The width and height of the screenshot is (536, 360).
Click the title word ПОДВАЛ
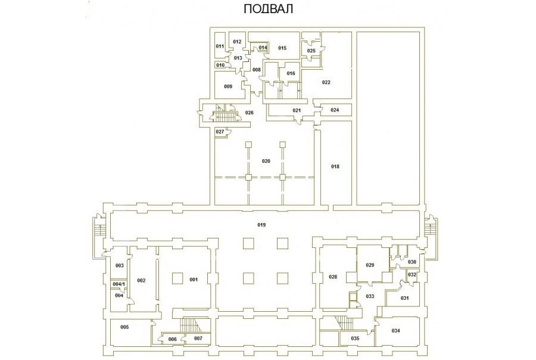point(268,9)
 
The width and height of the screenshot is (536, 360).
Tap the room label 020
point(266,161)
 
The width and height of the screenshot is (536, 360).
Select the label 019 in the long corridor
point(261,225)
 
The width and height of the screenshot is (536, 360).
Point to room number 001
point(194,280)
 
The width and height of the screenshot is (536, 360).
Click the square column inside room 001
point(177,278)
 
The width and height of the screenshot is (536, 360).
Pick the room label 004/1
point(119,284)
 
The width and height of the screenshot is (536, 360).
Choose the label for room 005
point(125,327)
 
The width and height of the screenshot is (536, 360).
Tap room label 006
point(173,339)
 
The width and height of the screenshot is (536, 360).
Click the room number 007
point(198,338)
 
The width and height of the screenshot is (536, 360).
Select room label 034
point(395,331)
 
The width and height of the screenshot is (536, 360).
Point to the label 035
point(355,339)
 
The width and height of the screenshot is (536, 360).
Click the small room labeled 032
point(412,274)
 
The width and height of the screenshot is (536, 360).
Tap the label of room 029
point(370,265)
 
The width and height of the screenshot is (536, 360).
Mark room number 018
point(335,166)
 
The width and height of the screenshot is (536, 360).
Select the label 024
point(335,110)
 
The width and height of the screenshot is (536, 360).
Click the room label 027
point(220,132)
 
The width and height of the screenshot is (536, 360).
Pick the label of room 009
point(228,86)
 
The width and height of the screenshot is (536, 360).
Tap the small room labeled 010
point(220,65)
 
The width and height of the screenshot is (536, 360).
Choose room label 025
point(311,51)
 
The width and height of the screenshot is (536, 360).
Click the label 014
point(263,47)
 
